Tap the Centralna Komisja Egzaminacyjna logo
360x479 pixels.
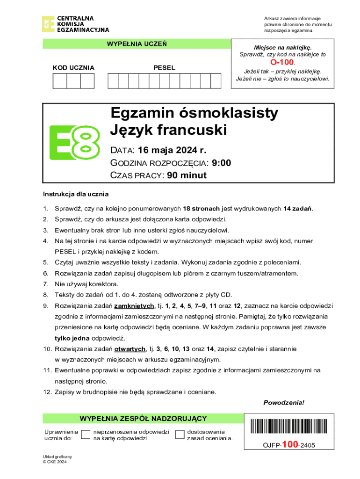coord(76,24)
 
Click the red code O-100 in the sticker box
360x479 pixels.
coord(282,62)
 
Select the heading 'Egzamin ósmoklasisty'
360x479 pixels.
coord(194,113)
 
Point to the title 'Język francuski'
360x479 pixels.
coord(168,130)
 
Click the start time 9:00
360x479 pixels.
coord(222,163)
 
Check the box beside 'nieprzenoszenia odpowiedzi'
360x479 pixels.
coord(86,435)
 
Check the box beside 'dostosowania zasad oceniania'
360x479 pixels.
coord(180,435)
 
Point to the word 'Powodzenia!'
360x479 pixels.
coord(284,402)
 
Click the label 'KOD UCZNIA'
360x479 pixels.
coord(73,68)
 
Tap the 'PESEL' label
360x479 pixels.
coord(165,68)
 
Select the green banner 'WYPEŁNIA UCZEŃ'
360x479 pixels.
coord(137,44)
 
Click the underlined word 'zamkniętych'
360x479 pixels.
coord(135,306)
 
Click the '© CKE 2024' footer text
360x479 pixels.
coord(55,462)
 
